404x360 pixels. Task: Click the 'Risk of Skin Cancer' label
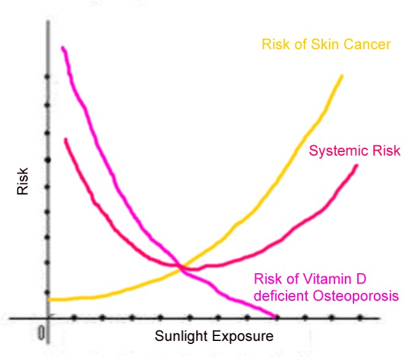pyautogui.click(x=326, y=45)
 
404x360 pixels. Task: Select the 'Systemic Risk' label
pyautogui.click(x=354, y=151)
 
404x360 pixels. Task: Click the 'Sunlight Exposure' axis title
pyautogui.click(x=213, y=336)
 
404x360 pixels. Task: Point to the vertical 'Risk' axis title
pyautogui.click(x=23, y=182)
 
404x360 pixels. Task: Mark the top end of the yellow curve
pyautogui.click(x=341, y=76)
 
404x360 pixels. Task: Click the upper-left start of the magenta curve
pyautogui.click(x=63, y=47)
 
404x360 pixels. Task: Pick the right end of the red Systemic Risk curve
pyautogui.click(x=357, y=166)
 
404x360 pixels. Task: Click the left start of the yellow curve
pyautogui.click(x=49, y=300)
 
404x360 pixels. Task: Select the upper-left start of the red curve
pyautogui.click(x=65, y=140)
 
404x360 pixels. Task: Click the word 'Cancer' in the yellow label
pyautogui.click(x=366, y=45)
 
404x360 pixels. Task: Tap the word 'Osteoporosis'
pyautogui.click(x=362, y=295)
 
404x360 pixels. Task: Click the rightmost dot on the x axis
pyautogui.click(x=360, y=318)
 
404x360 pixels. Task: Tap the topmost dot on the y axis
pyautogui.click(x=47, y=77)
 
